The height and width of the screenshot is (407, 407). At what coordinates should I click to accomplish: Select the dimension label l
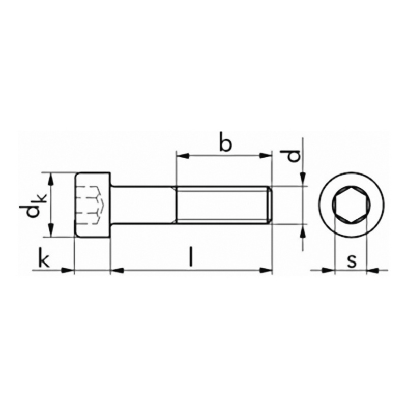point(191,257)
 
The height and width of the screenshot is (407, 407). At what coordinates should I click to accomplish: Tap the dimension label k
point(44,257)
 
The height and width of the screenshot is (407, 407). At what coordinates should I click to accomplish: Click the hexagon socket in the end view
point(351,205)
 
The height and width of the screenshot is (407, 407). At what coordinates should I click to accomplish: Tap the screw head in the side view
point(93,205)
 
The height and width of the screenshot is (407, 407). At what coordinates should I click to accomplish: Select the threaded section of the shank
point(224,205)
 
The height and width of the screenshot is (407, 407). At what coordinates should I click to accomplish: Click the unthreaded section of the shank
point(143,205)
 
